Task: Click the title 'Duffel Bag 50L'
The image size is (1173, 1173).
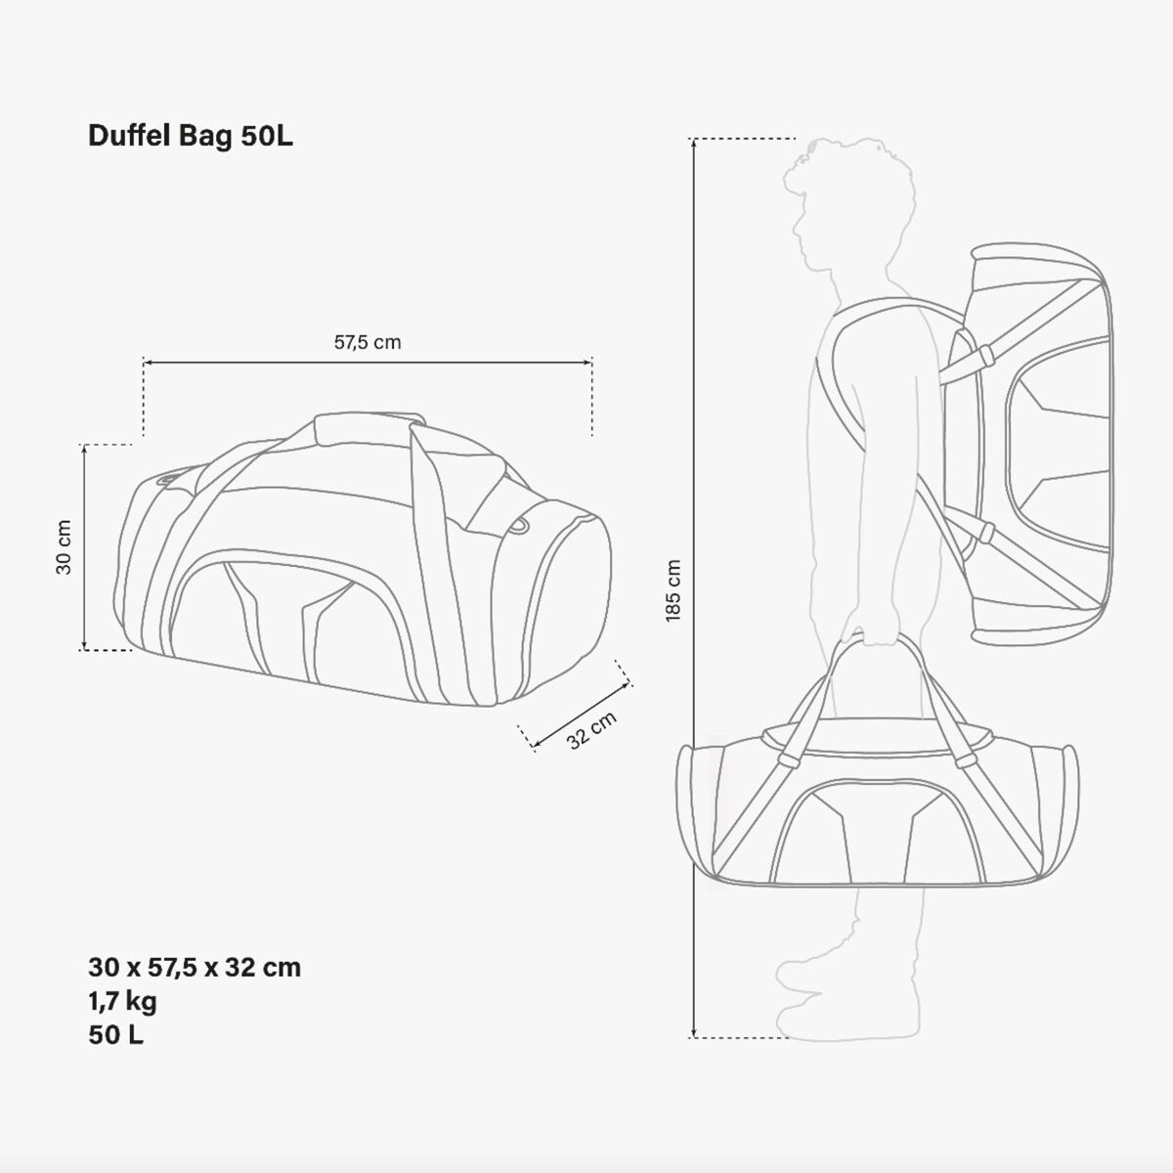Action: click(x=191, y=136)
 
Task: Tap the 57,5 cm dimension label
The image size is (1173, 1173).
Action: click(x=368, y=343)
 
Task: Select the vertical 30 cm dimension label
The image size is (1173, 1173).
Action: click(x=64, y=546)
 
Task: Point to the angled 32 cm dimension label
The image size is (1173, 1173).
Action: click(x=591, y=730)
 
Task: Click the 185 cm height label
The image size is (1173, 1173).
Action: click(x=673, y=590)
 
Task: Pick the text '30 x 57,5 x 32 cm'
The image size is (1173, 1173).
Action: click(x=195, y=968)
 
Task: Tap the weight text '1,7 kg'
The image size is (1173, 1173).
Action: click(x=122, y=1001)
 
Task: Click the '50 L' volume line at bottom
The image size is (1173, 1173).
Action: click(x=115, y=1035)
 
